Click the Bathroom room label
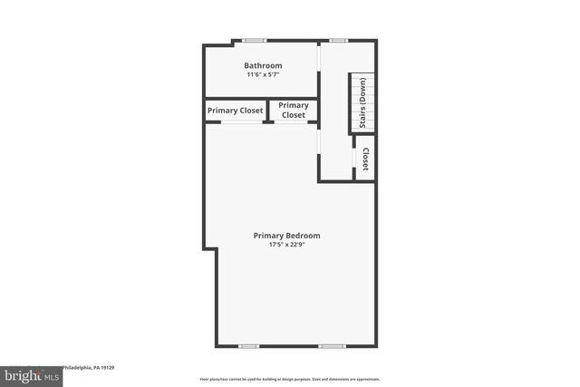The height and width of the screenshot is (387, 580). (263, 65)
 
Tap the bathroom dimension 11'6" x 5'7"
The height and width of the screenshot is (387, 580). (263, 74)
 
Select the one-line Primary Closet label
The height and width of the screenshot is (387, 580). (236, 111)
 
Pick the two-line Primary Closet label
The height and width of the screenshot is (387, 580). (293, 111)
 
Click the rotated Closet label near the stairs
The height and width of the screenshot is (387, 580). (365, 160)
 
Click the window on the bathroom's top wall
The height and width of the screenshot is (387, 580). (255, 40)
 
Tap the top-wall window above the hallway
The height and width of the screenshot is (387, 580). (338, 40)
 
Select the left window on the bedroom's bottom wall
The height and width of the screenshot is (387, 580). (248, 345)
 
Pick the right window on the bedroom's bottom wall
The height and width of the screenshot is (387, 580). (332, 345)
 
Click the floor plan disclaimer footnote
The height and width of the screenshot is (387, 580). (290, 379)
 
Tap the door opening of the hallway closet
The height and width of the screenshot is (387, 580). (353, 160)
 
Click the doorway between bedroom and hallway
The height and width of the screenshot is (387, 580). (319, 140)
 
